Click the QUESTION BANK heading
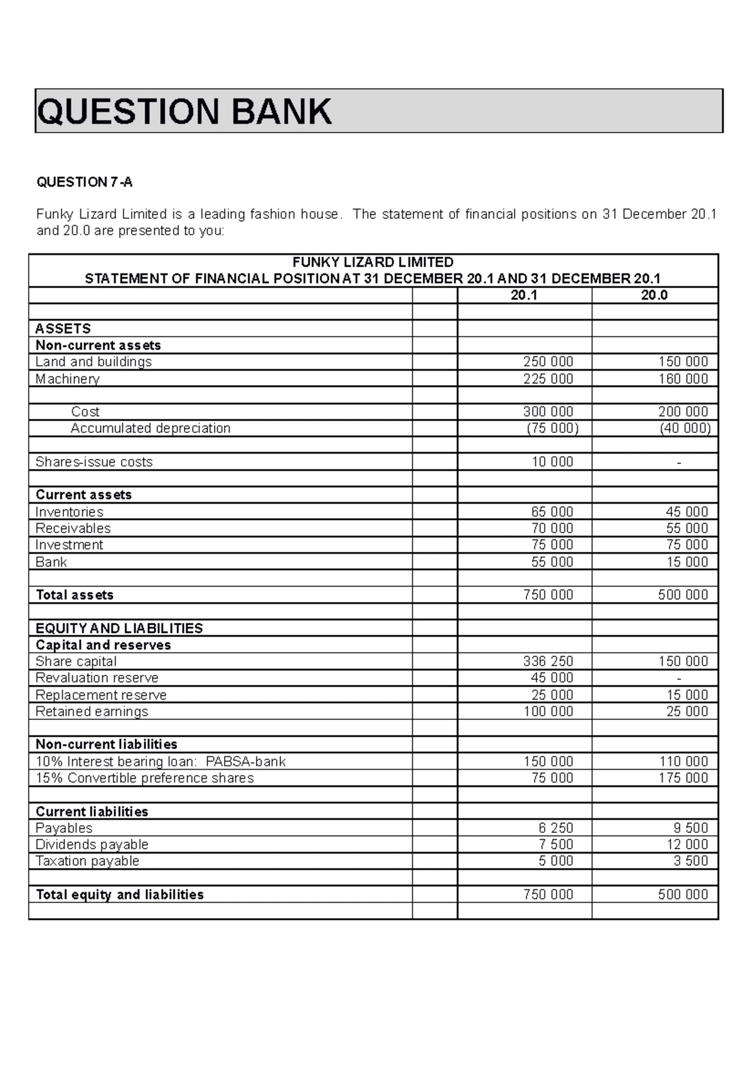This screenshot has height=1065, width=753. pyautogui.click(x=184, y=112)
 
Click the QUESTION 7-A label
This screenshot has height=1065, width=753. pyautogui.click(x=85, y=183)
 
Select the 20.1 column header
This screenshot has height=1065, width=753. pyautogui.click(x=524, y=295)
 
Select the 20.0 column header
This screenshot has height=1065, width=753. pyautogui.click(x=654, y=295)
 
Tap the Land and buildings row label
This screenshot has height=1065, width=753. pyautogui.click(x=93, y=362)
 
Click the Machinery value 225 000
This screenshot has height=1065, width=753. pyautogui.click(x=548, y=379)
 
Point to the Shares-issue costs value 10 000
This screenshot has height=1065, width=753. pyautogui.click(x=552, y=462)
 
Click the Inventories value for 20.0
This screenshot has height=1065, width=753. pyautogui.click(x=686, y=512)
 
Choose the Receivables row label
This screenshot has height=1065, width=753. pyautogui.click(x=73, y=529)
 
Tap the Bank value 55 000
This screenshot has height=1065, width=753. pyautogui.click(x=552, y=562)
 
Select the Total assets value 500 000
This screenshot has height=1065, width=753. pyautogui.click(x=683, y=595)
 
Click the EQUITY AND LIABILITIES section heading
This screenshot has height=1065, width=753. pyautogui.click(x=119, y=628)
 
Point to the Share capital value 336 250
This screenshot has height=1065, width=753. pyautogui.click(x=548, y=662)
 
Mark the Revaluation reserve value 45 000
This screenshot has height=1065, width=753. pyautogui.click(x=552, y=678)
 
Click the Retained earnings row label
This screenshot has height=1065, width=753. pyautogui.click(x=92, y=712)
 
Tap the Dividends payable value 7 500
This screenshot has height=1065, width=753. pyautogui.click(x=555, y=845)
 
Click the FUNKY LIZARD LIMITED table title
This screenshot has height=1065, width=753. pyautogui.click(x=373, y=262)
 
